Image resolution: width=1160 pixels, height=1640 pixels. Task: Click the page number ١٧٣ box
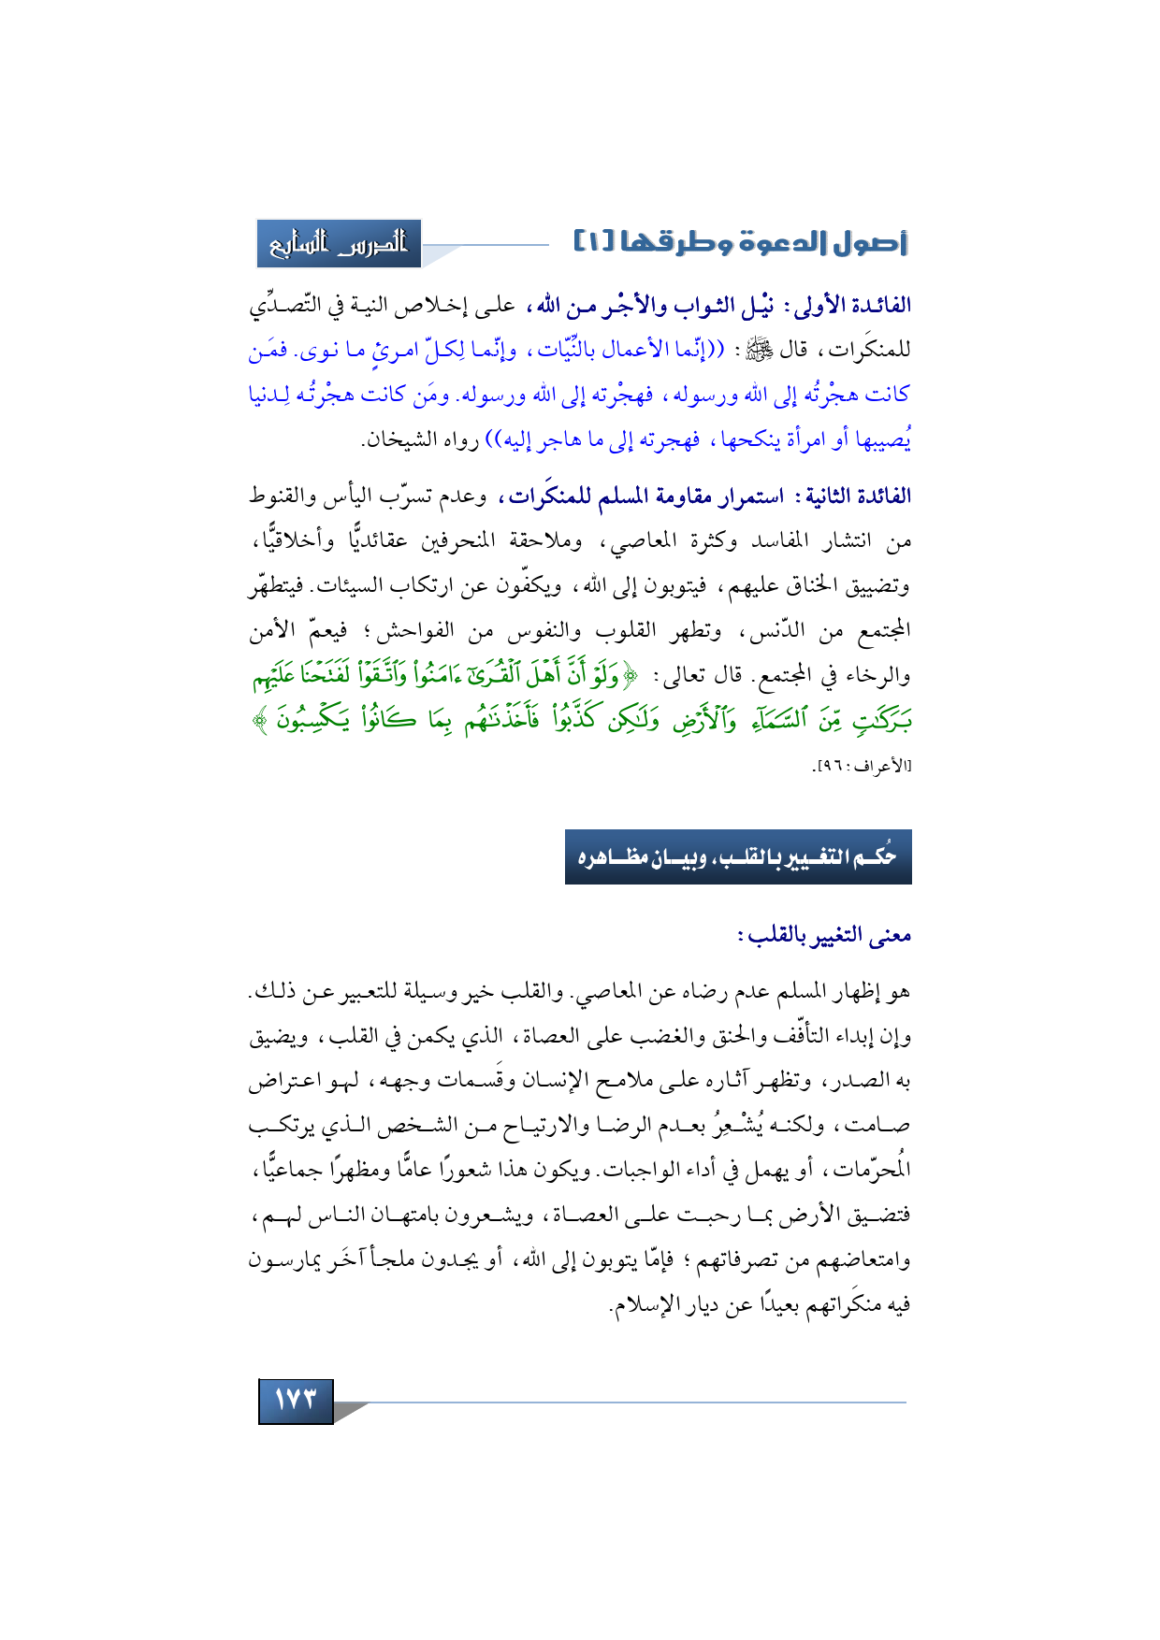pyautogui.click(x=296, y=1400)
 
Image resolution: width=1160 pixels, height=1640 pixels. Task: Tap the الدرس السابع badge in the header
pyautogui.click(x=339, y=244)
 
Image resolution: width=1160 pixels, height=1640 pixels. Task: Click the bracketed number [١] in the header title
pyautogui.click(x=593, y=244)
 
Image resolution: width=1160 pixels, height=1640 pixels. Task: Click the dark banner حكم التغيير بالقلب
pyautogui.click(x=738, y=856)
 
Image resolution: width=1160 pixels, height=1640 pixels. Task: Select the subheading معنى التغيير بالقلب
pyautogui.click(x=824, y=935)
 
